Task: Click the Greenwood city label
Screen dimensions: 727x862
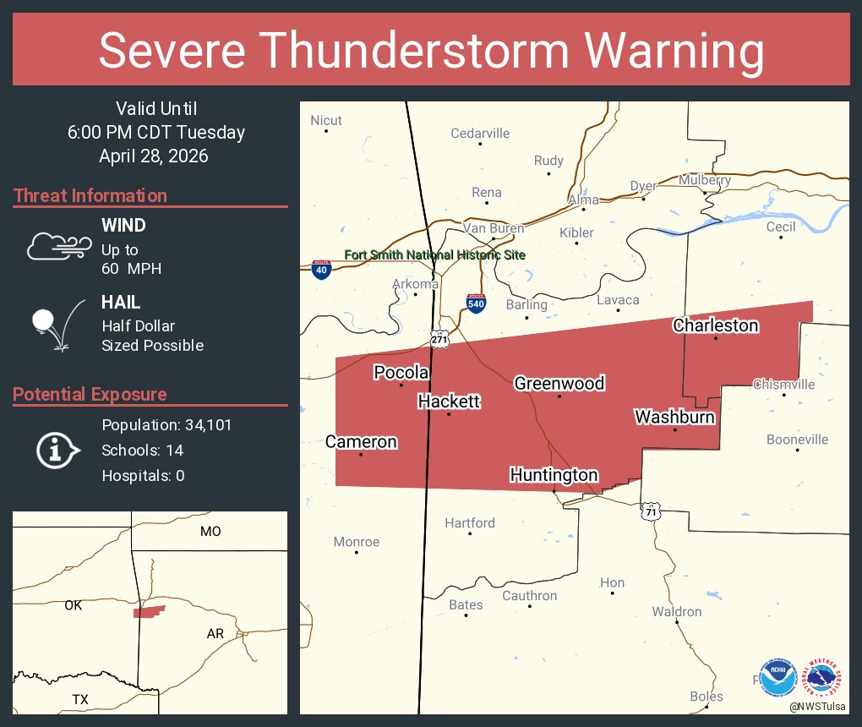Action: [x=559, y=383]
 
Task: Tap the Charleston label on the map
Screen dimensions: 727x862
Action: [x=715, y=325]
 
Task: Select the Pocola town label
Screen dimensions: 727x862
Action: [x=401, y=373]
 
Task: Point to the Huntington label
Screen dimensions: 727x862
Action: [x=554, y=475]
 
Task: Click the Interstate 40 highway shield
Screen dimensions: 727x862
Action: [x=321, y=269]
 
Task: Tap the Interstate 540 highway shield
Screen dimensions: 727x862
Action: [x=477, y=303]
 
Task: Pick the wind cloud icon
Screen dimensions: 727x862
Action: [x=58, y=245]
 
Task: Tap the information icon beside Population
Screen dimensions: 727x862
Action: [x=57, y=450]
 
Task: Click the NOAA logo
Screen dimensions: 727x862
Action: [x=777, y=678]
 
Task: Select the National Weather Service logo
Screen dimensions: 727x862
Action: [x=824, y=678]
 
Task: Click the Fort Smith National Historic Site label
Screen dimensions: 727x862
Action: [x=434, y=254]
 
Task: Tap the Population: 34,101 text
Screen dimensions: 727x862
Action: [x=166, y=424]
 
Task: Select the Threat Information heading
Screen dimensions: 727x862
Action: [x=90, y=195]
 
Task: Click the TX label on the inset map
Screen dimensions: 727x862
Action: [x=80, y=699]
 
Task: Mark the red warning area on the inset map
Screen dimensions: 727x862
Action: [x=149, y=611]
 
